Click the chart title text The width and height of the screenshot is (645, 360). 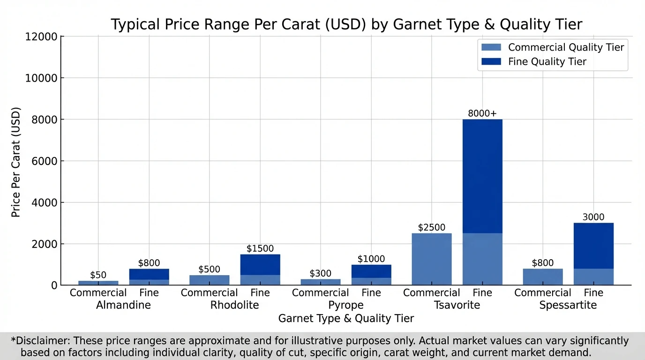[x=346, y=24]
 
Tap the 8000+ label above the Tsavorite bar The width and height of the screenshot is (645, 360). [x=482, y=113]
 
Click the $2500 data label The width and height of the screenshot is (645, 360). [x=431, y=228]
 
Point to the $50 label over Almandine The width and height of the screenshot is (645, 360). [x=98, y=275]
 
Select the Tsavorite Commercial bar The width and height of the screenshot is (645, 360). [x=431, y=259]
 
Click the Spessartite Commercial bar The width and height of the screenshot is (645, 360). [x=542, y=277]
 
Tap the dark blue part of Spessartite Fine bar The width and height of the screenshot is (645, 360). [x=593, y=246]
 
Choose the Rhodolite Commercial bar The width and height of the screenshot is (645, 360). [x=209, y=280]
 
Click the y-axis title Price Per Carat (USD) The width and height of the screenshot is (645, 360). [x=16, y=162]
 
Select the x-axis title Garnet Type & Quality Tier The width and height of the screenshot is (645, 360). [x=346, y=319]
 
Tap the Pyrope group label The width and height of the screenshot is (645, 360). [x=345, y=306]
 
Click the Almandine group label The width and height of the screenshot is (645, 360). [x=123, y=306]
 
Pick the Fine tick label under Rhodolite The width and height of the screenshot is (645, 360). [x=260, y=293]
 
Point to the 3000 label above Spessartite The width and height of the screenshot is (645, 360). [x=593, y=217]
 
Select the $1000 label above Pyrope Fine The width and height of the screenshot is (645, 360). [x=371, y=259]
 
